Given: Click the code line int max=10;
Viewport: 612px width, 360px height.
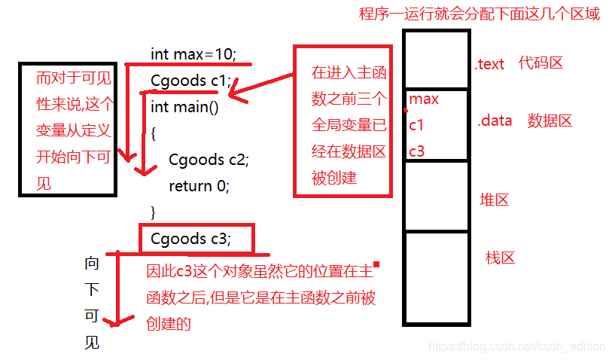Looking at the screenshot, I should pos(193,54).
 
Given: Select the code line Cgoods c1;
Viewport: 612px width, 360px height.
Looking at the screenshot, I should pos(190,81).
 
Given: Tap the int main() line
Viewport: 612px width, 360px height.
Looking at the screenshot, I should pos(184,106).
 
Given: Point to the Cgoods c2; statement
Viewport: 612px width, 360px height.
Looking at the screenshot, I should pos(209,160).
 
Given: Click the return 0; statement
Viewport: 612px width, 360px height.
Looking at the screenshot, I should pos(199,186).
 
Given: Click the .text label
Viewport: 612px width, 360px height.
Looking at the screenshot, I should pos(489,64).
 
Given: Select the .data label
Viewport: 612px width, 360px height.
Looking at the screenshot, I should pos(495,120).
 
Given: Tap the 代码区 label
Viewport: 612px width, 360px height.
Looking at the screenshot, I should pos(540,63).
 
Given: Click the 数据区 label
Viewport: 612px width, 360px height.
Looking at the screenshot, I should pos(550,120).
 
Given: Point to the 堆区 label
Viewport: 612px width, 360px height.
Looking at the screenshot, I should pos(495,200).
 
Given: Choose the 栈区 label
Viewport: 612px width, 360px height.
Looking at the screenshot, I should pos(500,258).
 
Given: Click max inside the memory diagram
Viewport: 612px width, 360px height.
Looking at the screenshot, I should pos(424,99).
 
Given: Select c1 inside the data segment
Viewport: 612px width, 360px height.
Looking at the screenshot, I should pos(416,125).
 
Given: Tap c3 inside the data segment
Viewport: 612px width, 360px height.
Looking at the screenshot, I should pos(417,151).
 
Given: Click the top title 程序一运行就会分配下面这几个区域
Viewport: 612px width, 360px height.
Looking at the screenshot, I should pos(480,15).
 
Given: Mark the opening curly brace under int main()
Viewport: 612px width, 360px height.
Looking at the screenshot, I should pos(153,133).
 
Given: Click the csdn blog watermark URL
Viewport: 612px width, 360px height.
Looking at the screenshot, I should pos(516,346).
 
